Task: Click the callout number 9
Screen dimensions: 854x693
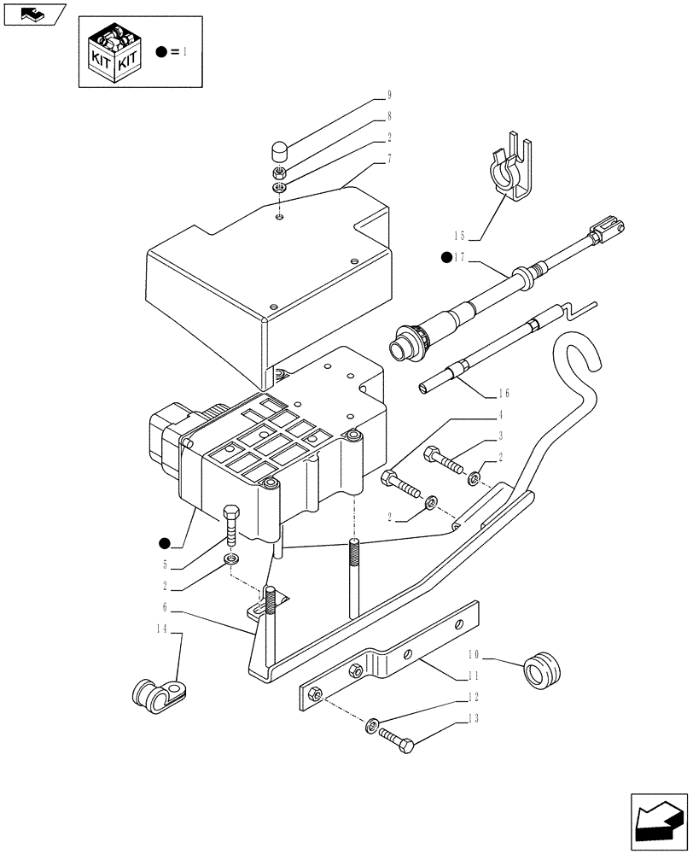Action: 364,96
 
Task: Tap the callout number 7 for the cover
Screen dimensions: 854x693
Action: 364,161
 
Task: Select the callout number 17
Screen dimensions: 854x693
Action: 462,257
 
